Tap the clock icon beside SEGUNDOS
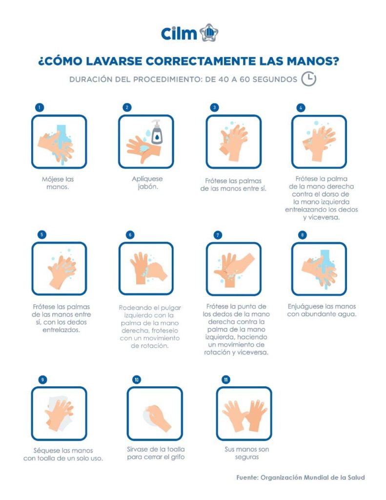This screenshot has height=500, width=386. [x=308, y=79]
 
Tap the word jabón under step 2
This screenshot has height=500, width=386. [x=147, y=187]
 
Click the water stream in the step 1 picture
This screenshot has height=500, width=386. [x=61, y=133]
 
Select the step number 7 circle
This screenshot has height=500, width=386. [x=218, y=235]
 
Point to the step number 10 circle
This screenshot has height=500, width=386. [x=136, y=379]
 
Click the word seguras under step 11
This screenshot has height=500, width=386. [x=247, y=458]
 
